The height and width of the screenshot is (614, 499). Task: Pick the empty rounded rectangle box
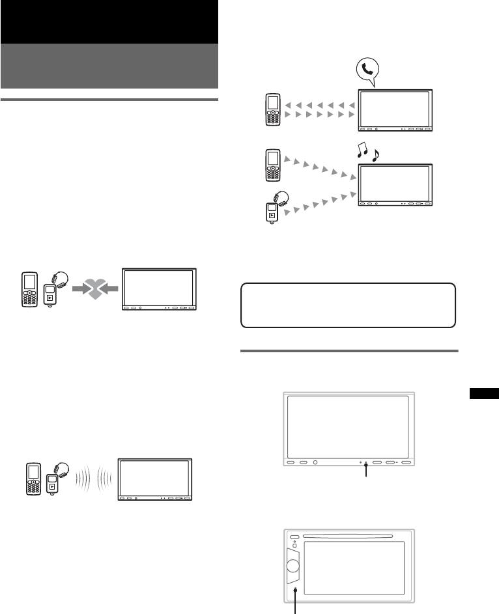(348, 305)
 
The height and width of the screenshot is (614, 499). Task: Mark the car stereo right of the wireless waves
(154, 481)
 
